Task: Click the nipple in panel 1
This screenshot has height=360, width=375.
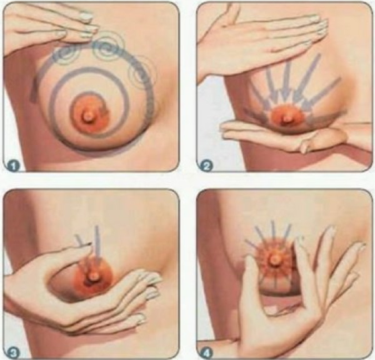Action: (x=89, y=117)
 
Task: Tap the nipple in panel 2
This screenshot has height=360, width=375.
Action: (x=287, y=119)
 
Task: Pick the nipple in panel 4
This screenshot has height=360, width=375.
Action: (x=275, y=259)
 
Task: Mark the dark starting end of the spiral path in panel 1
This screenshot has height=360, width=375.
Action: (x=34, y=90)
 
